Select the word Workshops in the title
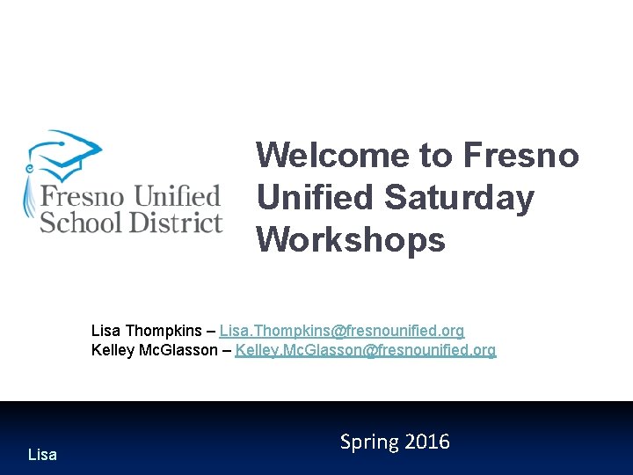(351, 238)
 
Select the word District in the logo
(176, 222)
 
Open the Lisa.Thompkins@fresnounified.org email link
(342, 331)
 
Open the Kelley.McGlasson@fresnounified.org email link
(366, 350)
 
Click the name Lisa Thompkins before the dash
(146, 331)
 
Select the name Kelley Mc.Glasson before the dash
(154, 350)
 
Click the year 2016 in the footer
(427, 442)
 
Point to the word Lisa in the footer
(42, 455)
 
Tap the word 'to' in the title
(435, 156)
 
